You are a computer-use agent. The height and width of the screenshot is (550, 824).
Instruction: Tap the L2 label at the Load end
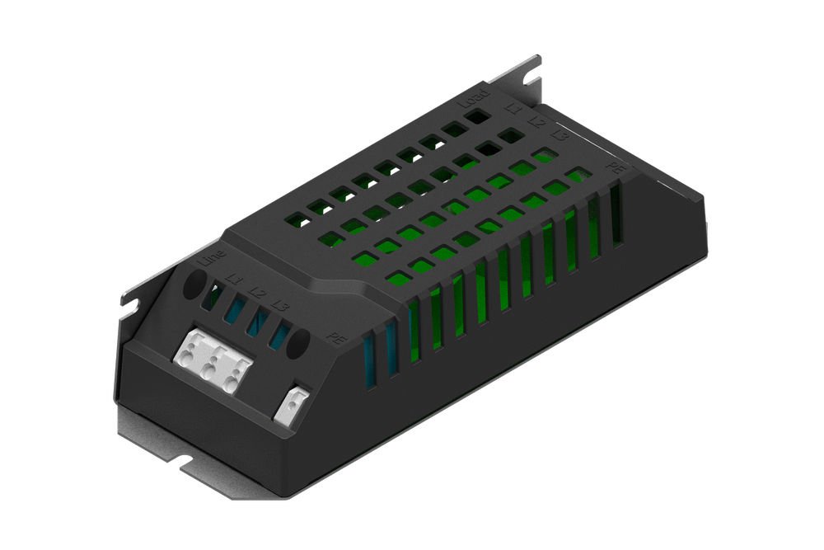(x=536, y=121)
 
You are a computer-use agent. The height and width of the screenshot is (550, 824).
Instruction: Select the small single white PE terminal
(x=293, y=404)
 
